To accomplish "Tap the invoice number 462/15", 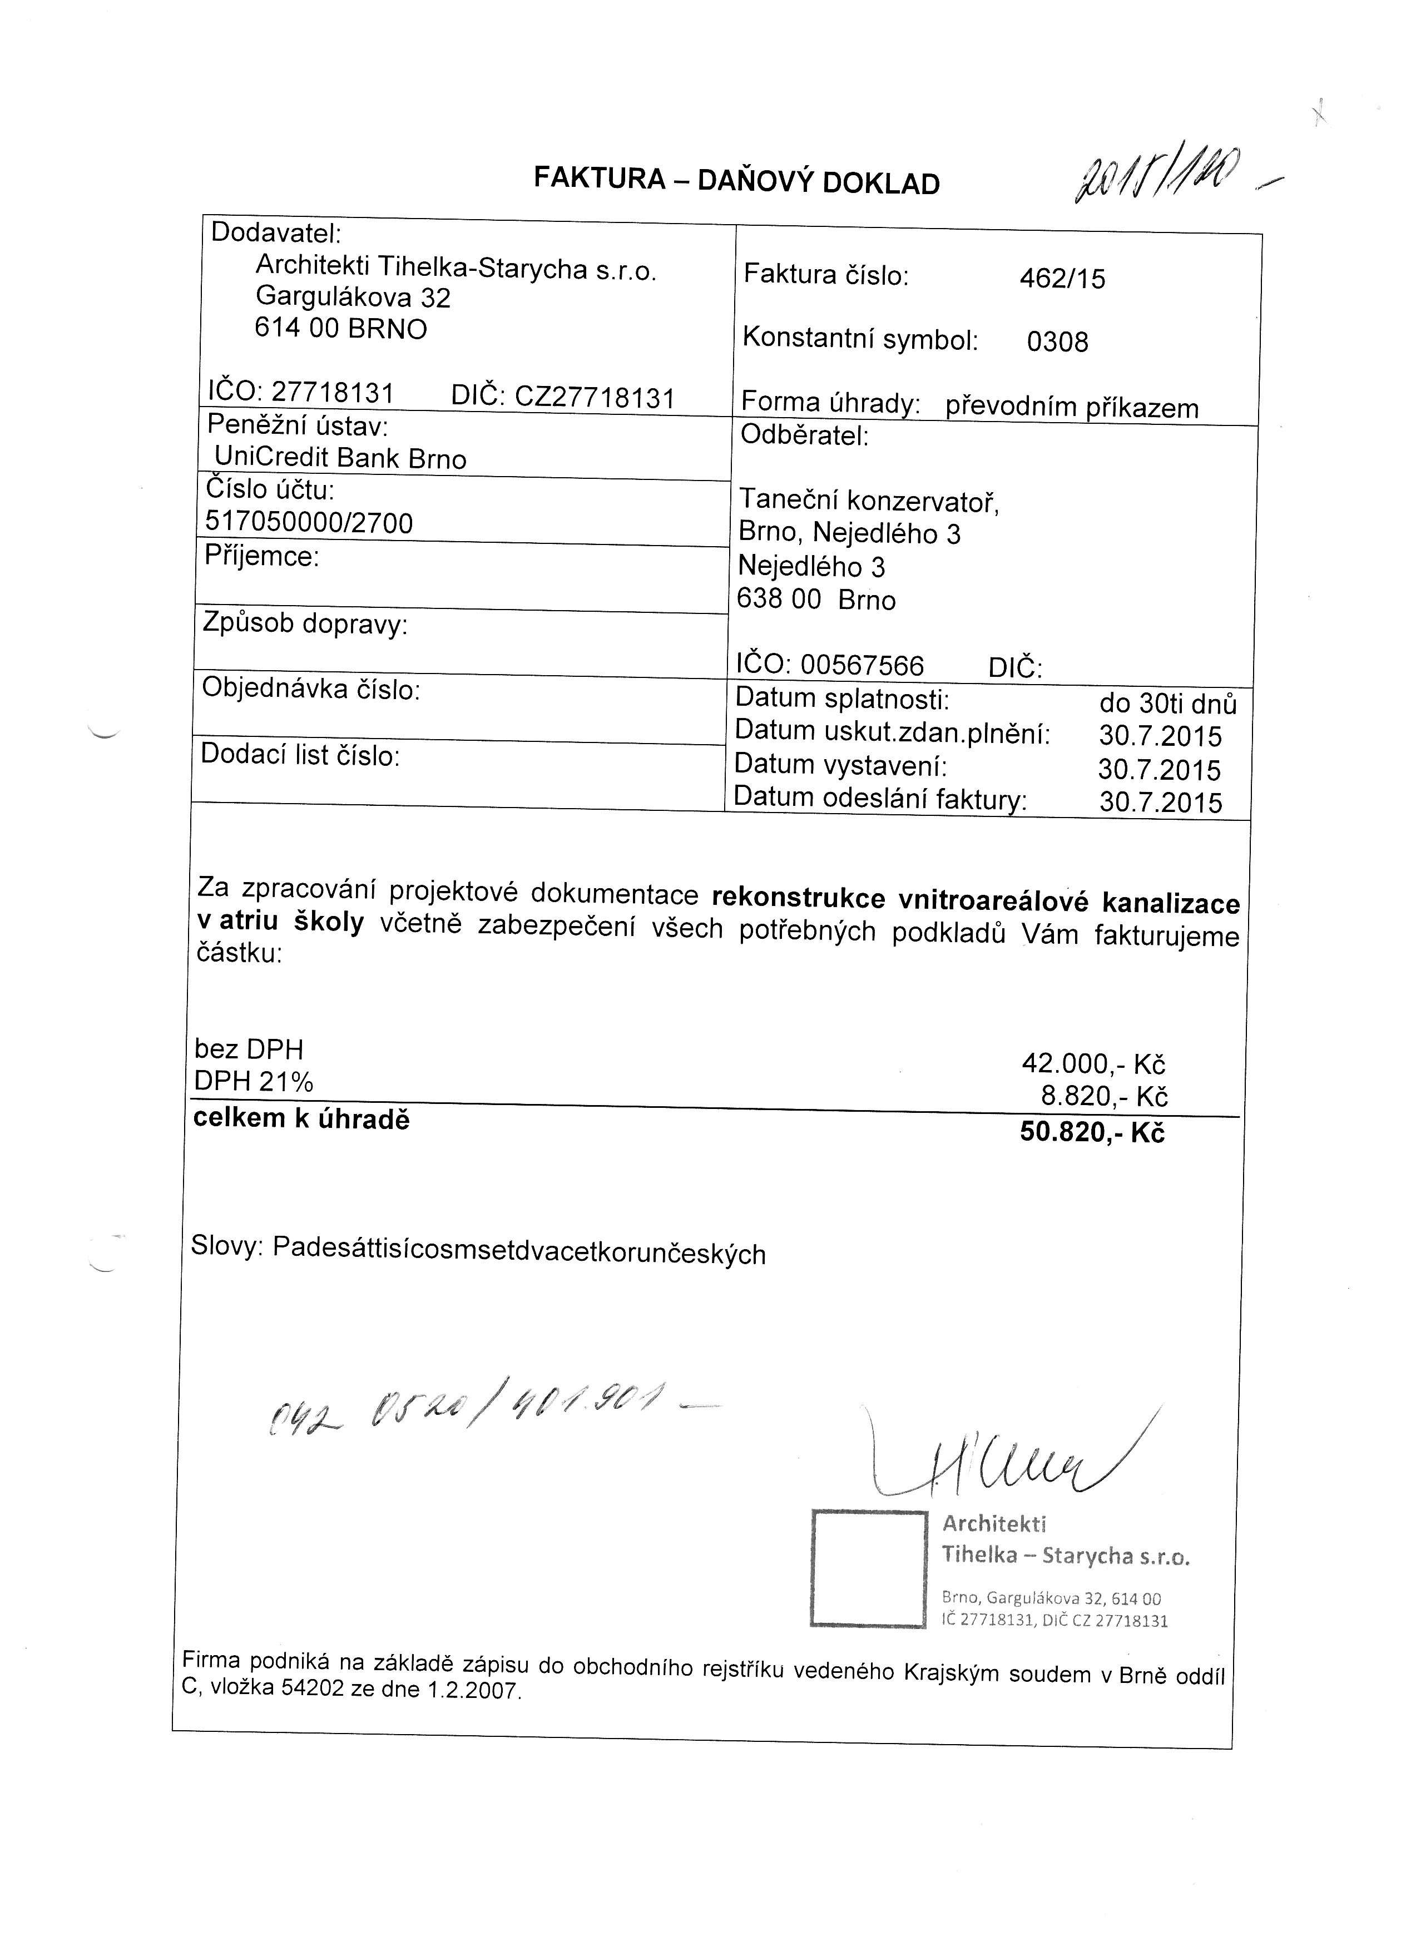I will [x=1062, y=279].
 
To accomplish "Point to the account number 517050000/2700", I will [x=310, y=522].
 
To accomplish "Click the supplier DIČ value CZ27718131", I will [x=594, y=398].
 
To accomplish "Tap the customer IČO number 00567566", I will [x=862, y=665].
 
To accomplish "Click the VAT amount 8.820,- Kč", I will [x=1104, y=1096].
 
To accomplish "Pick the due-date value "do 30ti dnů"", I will [x=1167, y=704].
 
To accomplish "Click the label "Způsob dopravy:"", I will [x=305, y=623].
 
